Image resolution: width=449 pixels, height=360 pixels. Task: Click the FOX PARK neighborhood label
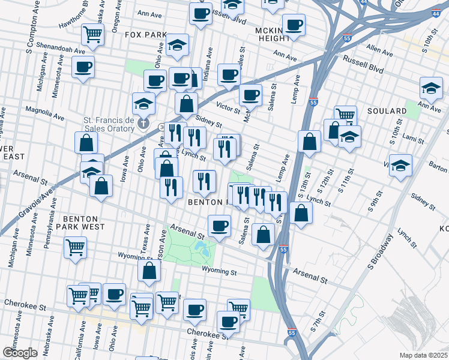click(145, 35)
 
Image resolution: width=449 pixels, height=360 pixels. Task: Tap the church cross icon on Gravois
click(143, 124)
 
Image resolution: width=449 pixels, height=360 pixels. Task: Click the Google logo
click(20, 352)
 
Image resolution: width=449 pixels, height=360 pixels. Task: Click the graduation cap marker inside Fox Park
click(177, 44)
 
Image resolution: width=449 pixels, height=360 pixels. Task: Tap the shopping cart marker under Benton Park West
click(75, 246)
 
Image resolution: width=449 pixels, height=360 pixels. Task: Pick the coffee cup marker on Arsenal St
click(219, 226)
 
